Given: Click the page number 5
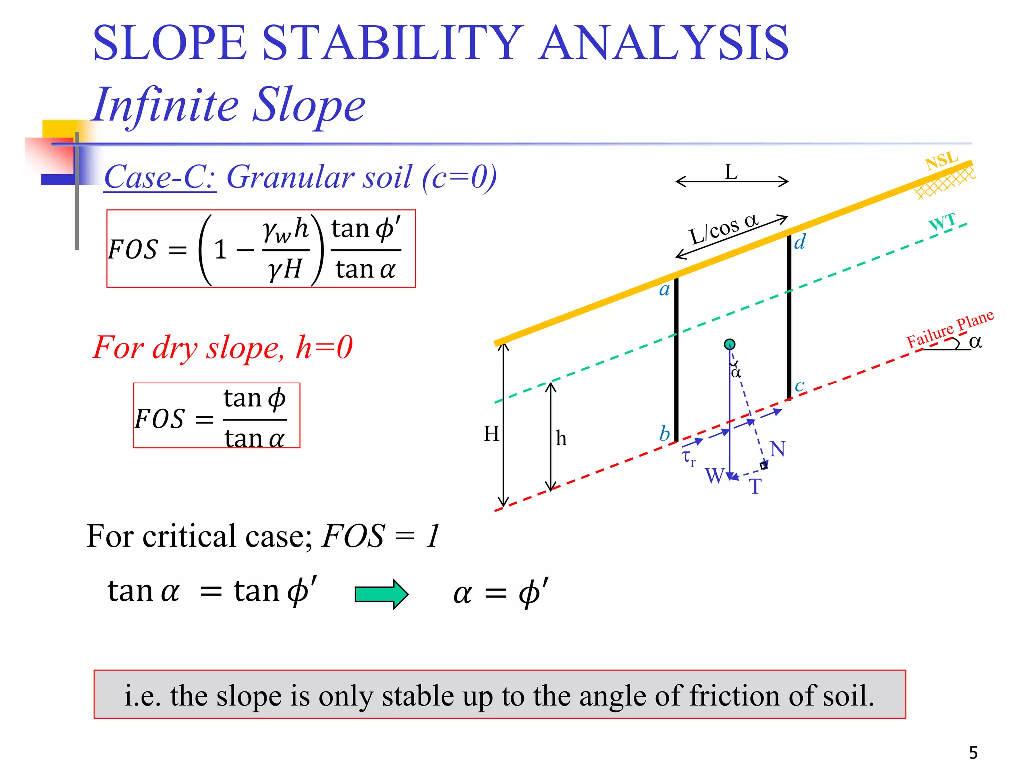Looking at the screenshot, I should click(973, 752).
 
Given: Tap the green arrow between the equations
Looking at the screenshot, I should click(381, 594).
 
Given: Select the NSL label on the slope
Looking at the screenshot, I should click(941, 161).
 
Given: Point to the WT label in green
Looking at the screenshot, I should click(942, 221).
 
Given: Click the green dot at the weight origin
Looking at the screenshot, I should click(730, 344).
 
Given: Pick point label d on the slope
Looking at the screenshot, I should click(800, 242).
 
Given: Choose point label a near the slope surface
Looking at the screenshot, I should click(664, 290).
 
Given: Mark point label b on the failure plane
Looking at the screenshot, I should click(664, 433).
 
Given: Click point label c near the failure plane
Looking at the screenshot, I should click(799, 385).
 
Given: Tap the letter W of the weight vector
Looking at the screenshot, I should click(714, 476).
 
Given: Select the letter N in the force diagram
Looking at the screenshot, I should click(777, 449).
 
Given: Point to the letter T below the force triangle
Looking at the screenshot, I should click(755, 486).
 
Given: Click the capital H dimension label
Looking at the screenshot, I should click(492, 433).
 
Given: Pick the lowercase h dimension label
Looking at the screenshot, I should click(561, 439).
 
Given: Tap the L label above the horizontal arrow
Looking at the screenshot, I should click(731, 172).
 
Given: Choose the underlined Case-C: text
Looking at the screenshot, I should click(160, 177).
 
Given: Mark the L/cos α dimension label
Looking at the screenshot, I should click(723, 229).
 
